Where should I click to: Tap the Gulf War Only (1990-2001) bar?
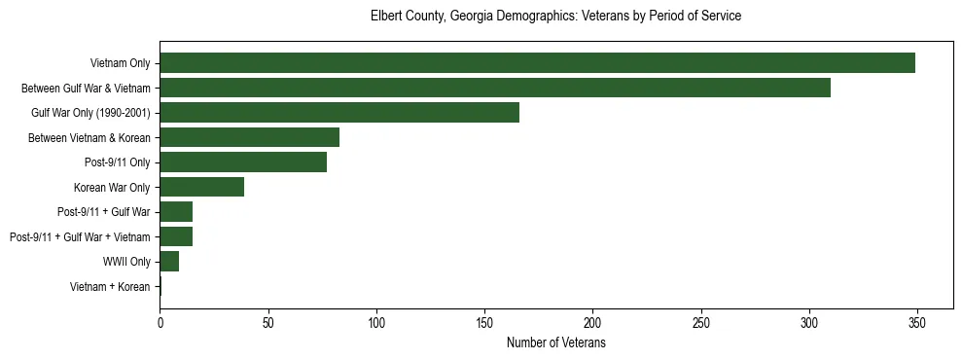[339, 113]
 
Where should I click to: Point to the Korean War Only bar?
[201, 187]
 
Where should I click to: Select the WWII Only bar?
[169, 262]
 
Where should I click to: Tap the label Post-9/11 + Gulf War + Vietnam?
[80, 237]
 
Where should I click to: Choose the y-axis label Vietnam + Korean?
[110, 287]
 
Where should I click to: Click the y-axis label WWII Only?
[126, 262]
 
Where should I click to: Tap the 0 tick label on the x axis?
[160, 322]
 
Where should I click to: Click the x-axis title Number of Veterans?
[555, 342]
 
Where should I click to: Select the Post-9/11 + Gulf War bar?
[176, 212]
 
